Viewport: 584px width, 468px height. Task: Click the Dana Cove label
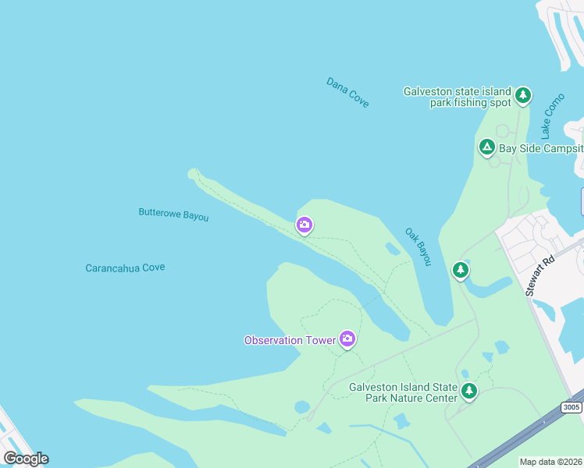[347, 92]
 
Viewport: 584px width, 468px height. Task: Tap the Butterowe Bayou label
[173, 214]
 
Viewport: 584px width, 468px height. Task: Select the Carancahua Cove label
[125, 268]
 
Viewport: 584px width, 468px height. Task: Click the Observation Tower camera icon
[347, 339]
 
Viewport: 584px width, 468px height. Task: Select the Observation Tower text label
[289, 340]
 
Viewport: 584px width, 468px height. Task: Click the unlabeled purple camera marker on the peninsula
[304, 225]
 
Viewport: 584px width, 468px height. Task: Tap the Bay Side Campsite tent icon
[486, 147]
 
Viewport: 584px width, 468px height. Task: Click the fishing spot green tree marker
[523, 96]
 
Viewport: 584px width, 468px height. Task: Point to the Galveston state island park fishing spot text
[457, 97]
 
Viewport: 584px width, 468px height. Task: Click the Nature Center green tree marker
[468, 391]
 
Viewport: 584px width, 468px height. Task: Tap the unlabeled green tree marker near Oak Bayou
[461, 270]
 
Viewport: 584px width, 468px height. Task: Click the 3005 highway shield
[572, 406]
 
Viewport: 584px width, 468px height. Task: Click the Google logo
[27, 459]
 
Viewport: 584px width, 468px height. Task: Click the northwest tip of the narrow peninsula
[193, 173]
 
